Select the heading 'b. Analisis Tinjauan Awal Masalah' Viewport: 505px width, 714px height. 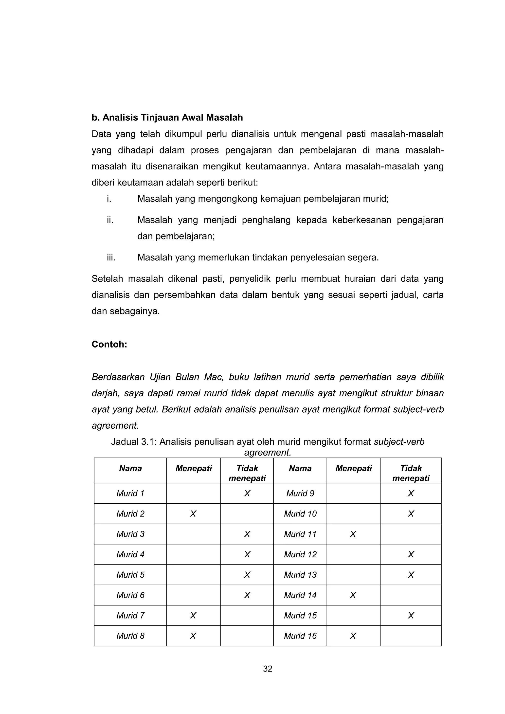[167, 118]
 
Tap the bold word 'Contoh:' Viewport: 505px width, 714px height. [109, 345]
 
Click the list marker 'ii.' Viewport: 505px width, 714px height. [110, 220]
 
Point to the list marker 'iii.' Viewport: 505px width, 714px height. [111, 257]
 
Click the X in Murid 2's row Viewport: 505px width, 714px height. [193, 514]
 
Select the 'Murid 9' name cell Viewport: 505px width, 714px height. [300, 494]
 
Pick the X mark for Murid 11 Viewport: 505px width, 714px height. [353, 534]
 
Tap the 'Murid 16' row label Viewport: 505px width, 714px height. [300, 636]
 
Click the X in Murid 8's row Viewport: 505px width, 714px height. [193, 636]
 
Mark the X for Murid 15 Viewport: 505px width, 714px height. [411, 615]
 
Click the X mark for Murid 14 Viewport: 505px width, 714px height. [353, 595]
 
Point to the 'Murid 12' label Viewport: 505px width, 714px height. [300, 554]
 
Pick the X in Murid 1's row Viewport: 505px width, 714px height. [247, 494]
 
